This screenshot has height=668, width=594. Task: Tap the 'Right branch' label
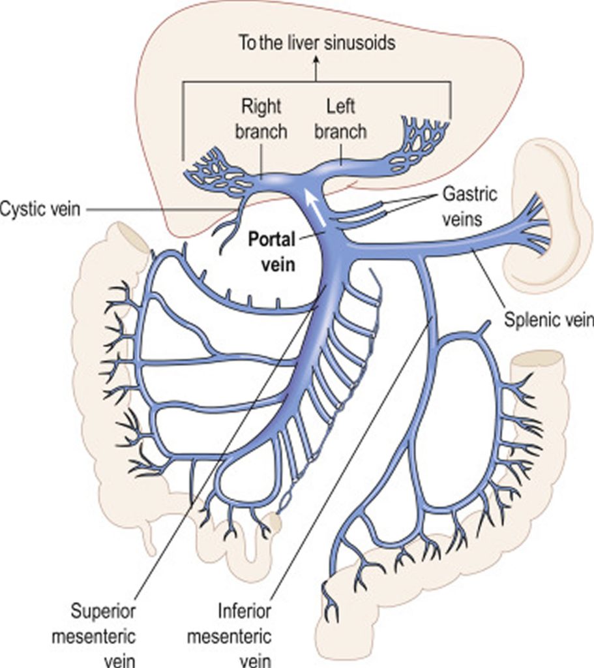pos(261,118)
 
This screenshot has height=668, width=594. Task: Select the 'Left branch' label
pos(340,118)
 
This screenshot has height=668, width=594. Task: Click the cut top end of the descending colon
pos(538,359)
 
